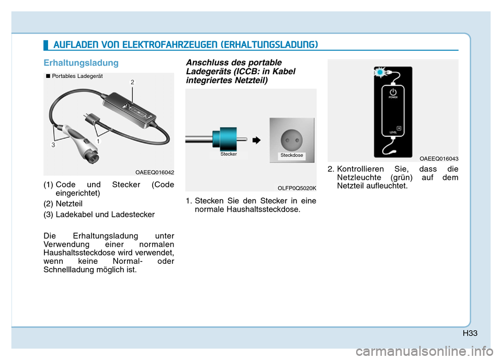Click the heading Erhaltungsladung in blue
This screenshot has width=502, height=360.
(x=81, y=63)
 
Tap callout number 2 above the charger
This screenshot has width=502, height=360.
(x=132, y=82)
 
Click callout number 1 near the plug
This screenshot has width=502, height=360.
(x=98, y=141)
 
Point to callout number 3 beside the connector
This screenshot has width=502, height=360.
(x=53, y=145)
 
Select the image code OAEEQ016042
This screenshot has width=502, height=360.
(x=155, y=172)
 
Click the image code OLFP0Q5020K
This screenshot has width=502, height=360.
(x=297, y=188)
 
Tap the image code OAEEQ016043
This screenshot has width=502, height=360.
(x=439, y=159)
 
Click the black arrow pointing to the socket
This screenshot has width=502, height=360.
(x=256, y=140)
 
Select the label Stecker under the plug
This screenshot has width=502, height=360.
(x=229, y=154)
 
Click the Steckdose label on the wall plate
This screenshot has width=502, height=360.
(x=292, y=155)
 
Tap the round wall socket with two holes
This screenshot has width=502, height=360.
(x=292, y=140)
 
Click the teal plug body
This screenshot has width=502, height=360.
(x=226, y=139)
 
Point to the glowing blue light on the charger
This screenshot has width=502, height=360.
(x=380, y=73)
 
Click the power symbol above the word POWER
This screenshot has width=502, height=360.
(x=393, y=92)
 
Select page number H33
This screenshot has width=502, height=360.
(x=470, y=333)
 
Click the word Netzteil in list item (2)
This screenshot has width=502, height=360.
(x=69, y=204)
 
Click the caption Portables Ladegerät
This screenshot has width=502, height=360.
(x=77, y=76)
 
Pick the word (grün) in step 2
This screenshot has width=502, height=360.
(x=402, y=178)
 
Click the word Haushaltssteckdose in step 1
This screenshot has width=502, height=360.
(x=262, y=210)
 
